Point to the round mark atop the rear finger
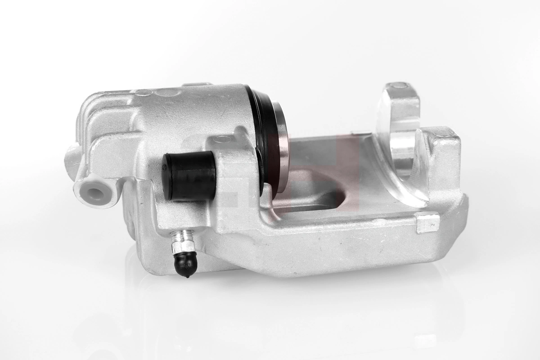click(399, 85)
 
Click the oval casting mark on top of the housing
click(144, 93)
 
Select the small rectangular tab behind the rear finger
click(358, 133)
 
